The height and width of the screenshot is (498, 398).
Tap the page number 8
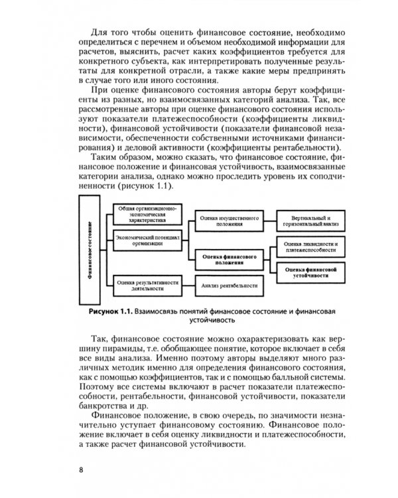[x=81, y=471]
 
